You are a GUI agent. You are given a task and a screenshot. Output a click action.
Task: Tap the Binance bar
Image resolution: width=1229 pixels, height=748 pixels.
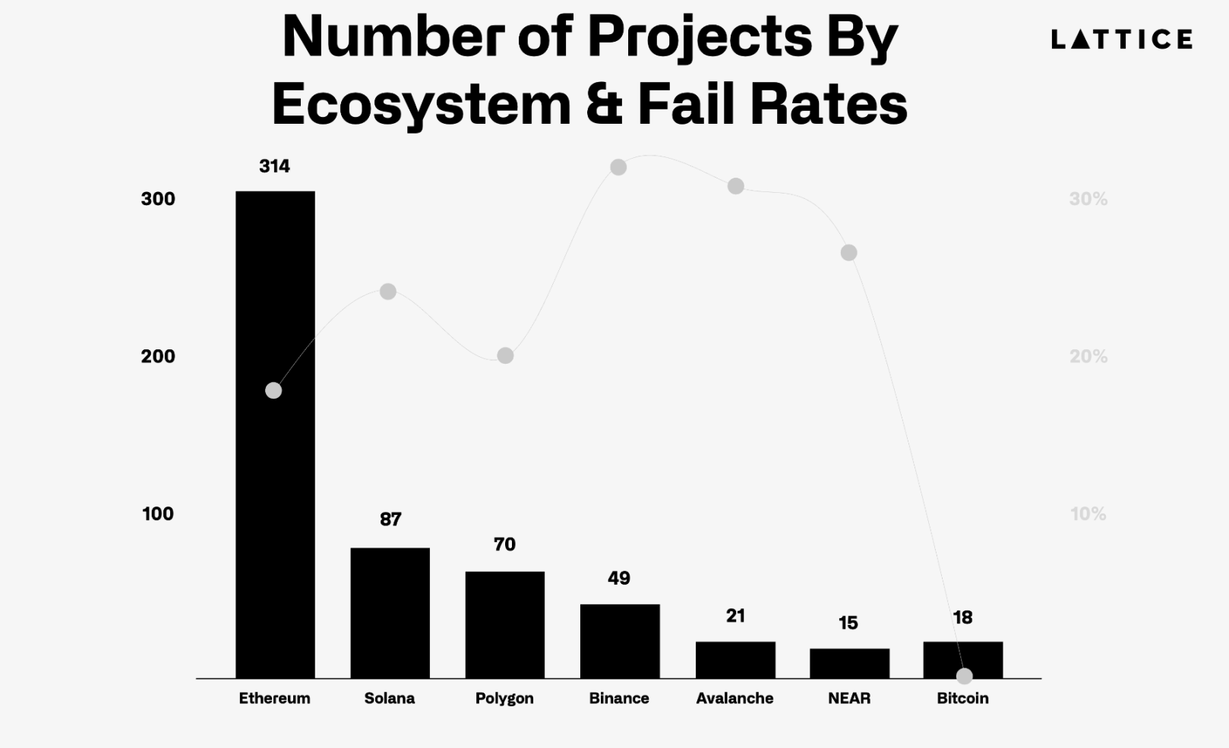coord(620,641)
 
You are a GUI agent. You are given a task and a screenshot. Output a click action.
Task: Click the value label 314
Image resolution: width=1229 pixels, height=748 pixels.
coord(274,166)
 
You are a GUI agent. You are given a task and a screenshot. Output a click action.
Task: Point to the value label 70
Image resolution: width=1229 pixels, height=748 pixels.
coord(504,544)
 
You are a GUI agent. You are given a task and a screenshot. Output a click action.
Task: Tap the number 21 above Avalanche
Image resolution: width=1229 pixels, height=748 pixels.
coord(735,616)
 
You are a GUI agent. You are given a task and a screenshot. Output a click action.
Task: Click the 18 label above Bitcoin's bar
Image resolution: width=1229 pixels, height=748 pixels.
coord(962,618)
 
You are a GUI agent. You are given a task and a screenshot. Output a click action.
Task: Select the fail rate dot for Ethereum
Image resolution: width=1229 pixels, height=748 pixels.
coord(273,390)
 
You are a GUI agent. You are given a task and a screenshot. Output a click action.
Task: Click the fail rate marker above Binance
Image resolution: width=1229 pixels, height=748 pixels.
coord(618,167)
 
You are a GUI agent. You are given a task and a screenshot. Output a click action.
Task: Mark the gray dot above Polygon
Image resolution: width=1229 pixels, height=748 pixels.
coord(505,355)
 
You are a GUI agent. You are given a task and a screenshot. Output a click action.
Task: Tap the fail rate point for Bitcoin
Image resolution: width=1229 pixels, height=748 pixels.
coord(964,675)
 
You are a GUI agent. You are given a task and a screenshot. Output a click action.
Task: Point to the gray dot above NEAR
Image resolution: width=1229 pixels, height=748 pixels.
coord(848,253)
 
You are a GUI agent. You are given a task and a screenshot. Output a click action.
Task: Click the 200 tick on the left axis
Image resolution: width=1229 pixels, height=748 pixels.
coord(158,356)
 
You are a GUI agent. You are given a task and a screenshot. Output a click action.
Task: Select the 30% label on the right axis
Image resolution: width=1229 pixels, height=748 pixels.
coord(1088,199)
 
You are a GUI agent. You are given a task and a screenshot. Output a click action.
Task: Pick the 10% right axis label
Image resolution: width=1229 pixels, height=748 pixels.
coord(1088,514)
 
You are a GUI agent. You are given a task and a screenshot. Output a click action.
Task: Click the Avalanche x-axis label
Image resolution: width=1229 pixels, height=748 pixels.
coord(735,699)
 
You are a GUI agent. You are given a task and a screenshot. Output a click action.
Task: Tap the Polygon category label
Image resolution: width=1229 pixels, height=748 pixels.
coord(504,699)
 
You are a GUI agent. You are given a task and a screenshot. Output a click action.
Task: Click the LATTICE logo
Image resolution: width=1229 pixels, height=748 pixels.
coord(1121,39)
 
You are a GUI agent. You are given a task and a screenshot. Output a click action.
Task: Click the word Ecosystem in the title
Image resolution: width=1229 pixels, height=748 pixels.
coord(421,105)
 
